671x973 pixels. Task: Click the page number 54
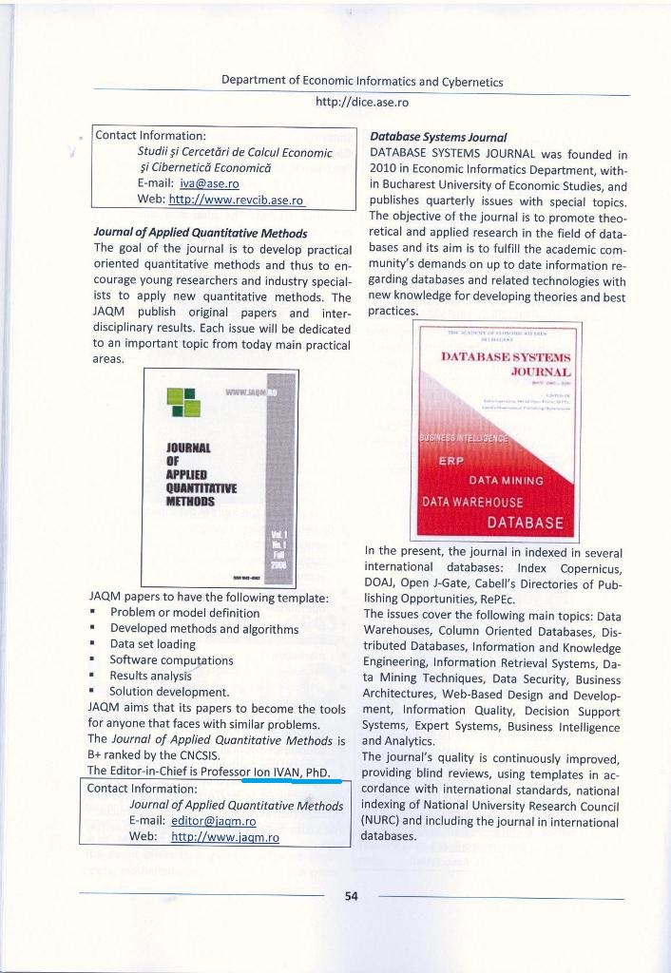click(x=351, y=898)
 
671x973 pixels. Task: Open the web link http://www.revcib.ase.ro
click(x=235, y=200)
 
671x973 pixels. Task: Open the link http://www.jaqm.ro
click(x=224, y=837)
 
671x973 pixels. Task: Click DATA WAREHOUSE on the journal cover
click(x=472, y=502)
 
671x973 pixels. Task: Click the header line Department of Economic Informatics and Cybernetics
click(x=361, y=81)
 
